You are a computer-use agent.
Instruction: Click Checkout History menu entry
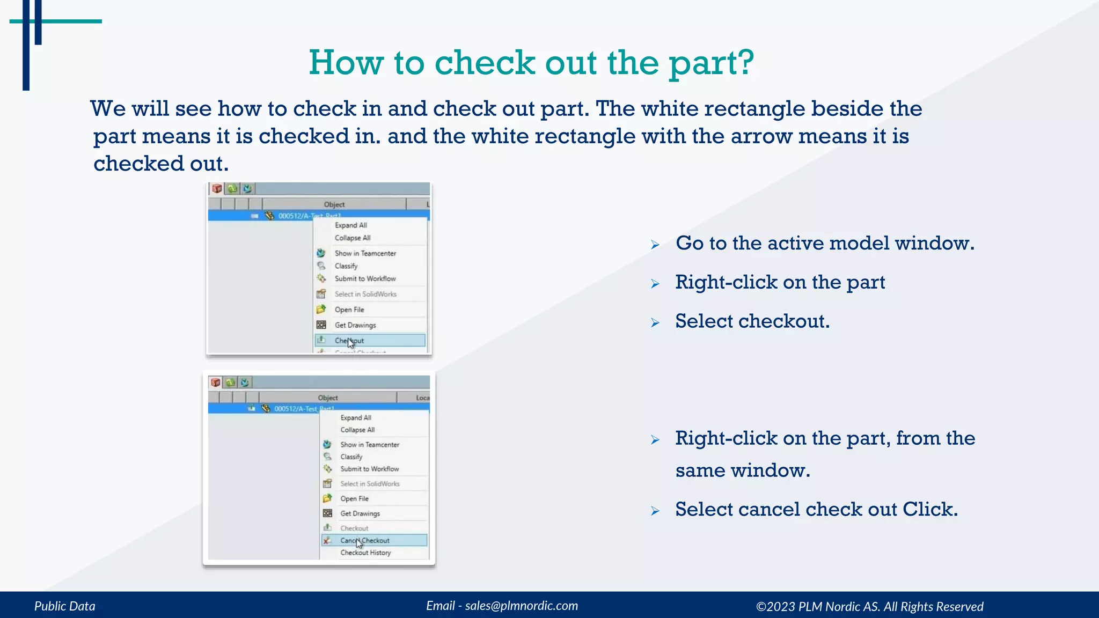click(365, 553)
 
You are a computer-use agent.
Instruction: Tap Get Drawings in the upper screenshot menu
click(355, 325)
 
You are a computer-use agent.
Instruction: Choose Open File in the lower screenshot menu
click(354, 498)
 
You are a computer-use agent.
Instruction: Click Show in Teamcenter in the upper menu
click(365, 253)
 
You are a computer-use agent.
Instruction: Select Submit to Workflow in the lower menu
click(369, 469)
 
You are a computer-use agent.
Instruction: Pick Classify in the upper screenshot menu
click(346, 266)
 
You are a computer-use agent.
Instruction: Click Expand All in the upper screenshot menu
click(350, 225)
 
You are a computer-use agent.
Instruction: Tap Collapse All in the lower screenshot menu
click(357, 430)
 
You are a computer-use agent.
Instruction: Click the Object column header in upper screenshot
click(334, 204)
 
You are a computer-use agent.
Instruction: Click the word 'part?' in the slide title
click(711, 63)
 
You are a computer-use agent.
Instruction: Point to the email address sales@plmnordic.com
click(521, 606)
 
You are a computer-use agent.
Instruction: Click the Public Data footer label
click(65, 606)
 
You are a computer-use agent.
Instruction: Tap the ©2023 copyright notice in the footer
click(869, 607)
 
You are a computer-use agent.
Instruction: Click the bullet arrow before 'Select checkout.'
click(655, 322)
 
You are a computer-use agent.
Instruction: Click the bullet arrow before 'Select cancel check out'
click(655, 511)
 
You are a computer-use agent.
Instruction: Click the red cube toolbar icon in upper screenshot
click(217, 189)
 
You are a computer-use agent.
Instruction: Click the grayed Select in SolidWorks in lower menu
click(370, 484)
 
